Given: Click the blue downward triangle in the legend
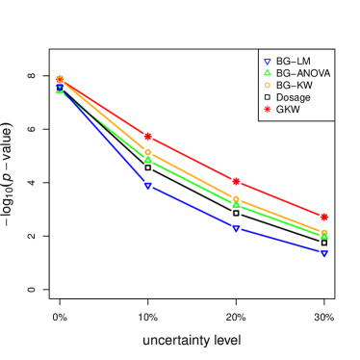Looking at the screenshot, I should (267, 63).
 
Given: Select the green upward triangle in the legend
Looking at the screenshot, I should (267, 72).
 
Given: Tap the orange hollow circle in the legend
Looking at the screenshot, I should (267, 85).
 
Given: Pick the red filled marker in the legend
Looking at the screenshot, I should (267, 109).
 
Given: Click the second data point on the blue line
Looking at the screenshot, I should (147, 186).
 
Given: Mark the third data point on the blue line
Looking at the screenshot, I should (236, 228).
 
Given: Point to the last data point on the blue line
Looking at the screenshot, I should (324, 253).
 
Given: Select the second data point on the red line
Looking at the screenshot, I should (147, 137).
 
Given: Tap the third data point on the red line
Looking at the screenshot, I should (236, 181).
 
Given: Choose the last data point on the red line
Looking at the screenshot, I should (324, 217).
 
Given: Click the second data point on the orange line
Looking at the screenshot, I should (147, 152).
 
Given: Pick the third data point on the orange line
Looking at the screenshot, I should (236, 199).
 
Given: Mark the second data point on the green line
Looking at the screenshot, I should (147, 159).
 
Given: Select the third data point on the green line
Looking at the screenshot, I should (236, 204).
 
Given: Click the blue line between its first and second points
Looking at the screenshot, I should (103, 137).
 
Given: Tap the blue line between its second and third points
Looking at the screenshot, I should (192, 207).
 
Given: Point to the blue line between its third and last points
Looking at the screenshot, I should (280, 241).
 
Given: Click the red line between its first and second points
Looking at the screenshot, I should (103, 108).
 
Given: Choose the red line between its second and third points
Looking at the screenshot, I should (192, 159).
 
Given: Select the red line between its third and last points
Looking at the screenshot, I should (280, 199).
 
